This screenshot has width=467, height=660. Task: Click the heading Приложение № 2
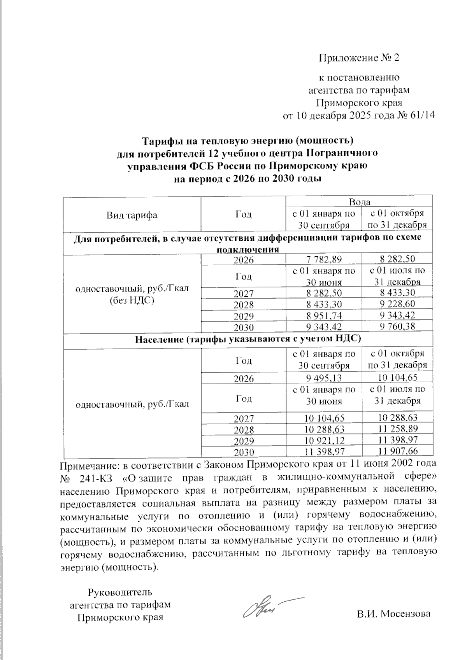click(x=359, y=58)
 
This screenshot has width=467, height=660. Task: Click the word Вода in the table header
click(x=359, y=202)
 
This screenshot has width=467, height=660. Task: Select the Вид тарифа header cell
click(x=132, y=215)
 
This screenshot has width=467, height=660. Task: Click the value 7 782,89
click(x=323, y=260)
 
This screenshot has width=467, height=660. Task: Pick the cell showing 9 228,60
click(x=397, y=304)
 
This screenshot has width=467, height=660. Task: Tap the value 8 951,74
click(x=323, y=315)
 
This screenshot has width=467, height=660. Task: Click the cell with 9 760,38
click(x=397, y=327)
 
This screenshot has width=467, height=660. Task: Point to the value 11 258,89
click(x=397, y=429)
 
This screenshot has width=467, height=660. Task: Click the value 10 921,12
click(x=323, y=441)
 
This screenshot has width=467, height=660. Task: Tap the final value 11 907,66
click(x=397, y=452)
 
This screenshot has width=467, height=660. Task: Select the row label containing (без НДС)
click(x=132, y=301)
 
